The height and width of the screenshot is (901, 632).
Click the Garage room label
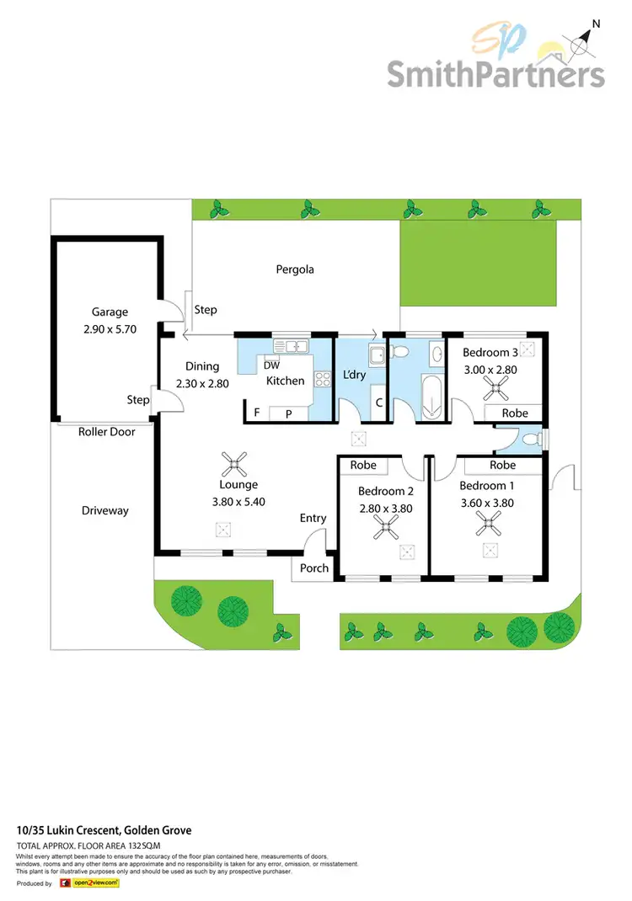(110, 312)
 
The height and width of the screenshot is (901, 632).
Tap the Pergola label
(295, 270)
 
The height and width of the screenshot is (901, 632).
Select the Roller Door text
(107, 432)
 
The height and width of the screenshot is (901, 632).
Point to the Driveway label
(105, 510)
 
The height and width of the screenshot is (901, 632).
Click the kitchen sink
(292, 346)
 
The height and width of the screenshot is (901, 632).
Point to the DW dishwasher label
(271, 365)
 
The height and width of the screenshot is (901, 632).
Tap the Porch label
(314, 568)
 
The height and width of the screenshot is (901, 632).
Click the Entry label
(313, 518)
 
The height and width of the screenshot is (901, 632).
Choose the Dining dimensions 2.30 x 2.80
(202, 383)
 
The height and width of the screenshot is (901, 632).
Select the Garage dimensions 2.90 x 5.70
(110, 328)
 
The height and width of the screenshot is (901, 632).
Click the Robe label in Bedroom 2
(363, 465)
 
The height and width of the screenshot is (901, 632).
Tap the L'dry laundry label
(355, 374)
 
